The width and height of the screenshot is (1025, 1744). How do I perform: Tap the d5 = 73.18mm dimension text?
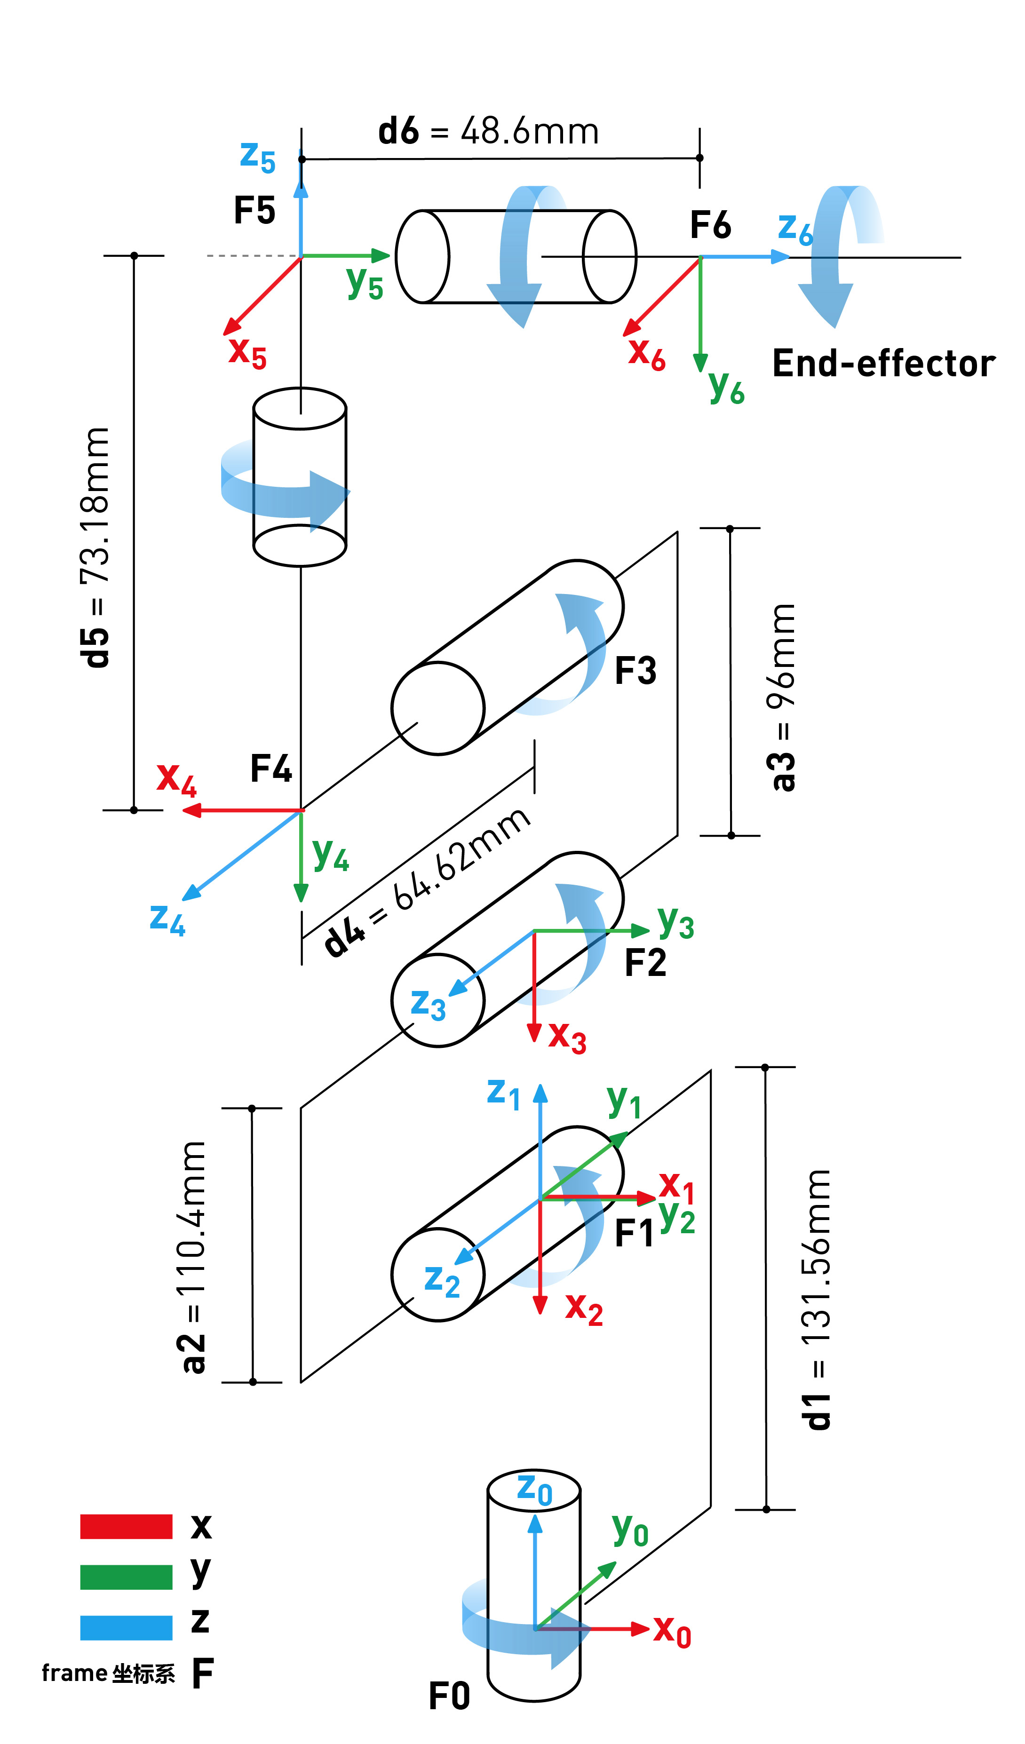[x=95, y=547]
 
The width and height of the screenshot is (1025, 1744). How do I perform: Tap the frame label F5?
[x=254, y=210]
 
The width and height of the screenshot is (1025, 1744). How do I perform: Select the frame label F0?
[x=449, y=1696]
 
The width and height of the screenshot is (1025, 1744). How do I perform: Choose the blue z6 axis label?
[x=795, y=229]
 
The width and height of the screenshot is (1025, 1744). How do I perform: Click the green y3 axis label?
[x=675, y=922]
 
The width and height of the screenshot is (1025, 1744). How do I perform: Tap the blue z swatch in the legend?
[x=126, y=1628]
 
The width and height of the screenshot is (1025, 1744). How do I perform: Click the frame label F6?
[x=710, y=225]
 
